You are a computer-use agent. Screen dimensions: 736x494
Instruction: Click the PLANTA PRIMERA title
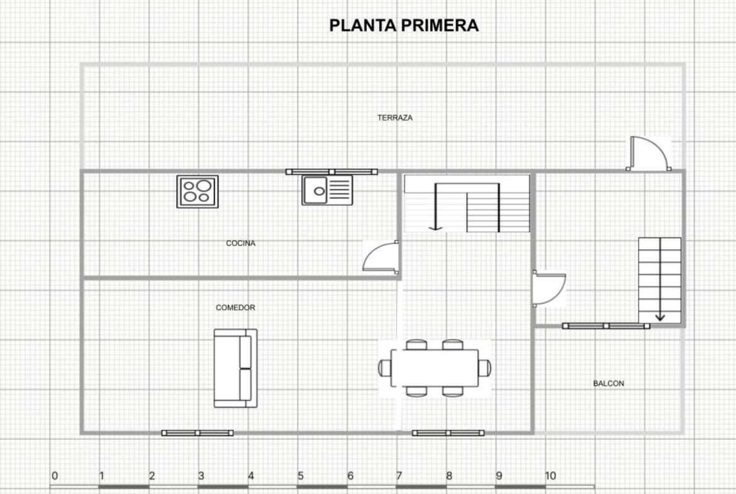(x=404, y=25)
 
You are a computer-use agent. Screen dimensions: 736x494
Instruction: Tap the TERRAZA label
(x=395, y=118)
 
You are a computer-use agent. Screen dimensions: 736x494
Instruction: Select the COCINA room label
(x=241, y=244)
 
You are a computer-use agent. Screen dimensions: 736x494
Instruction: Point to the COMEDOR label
(x=236, y=308)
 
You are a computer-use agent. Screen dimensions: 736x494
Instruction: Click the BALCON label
(x=608, y=383)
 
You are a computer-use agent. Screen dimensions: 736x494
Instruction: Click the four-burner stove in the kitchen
(x=198, y=191)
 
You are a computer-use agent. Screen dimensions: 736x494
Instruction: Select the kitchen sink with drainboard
(x=327, y=190)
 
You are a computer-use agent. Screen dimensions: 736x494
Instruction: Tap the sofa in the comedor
(x=236, y=368)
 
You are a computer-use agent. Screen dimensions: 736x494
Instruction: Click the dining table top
(x=435, y=368)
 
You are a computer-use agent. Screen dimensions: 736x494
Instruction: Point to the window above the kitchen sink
(x=332, y=172)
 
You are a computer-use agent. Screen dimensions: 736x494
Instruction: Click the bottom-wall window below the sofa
(x=197, y=433)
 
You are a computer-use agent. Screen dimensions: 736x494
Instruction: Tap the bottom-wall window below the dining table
(x=449, y=433)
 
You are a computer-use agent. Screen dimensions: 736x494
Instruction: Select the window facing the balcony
(x=606, y=326)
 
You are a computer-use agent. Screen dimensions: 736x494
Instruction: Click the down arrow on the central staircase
(x=436, y=207)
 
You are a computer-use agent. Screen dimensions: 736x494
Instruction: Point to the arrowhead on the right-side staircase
(x=660, y=317)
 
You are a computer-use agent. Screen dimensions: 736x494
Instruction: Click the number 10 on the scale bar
(x=550, y=476)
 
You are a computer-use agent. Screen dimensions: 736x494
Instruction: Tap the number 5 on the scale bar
(x=301, y=476)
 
